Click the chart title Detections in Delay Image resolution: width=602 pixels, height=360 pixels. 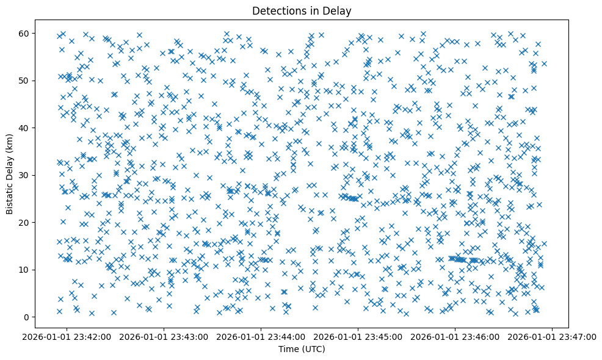[302, 10]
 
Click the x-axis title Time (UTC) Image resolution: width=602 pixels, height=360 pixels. [302, 350]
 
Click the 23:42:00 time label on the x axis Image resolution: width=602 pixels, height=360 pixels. [67, 336]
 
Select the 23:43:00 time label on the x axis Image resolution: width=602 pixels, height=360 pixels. [164, 336]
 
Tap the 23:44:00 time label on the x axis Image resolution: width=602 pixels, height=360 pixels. [261, 336]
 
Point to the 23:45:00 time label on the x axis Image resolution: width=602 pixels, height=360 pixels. [358, 336]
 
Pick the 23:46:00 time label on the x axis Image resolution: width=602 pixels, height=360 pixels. [455, 336]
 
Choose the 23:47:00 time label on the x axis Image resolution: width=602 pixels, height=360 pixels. [553, 336]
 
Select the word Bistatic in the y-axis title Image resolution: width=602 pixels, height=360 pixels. [10, 193]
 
